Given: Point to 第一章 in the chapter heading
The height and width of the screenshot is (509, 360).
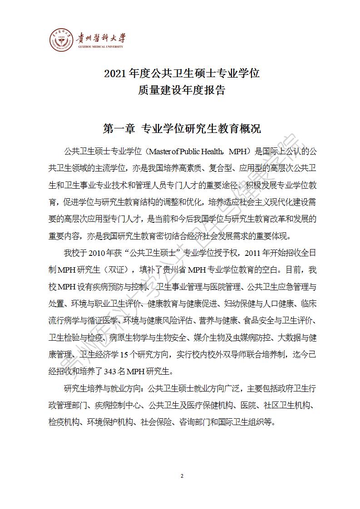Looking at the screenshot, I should click(x=119, y=129).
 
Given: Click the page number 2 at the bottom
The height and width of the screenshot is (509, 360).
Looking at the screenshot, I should click(x=182, y=476).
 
